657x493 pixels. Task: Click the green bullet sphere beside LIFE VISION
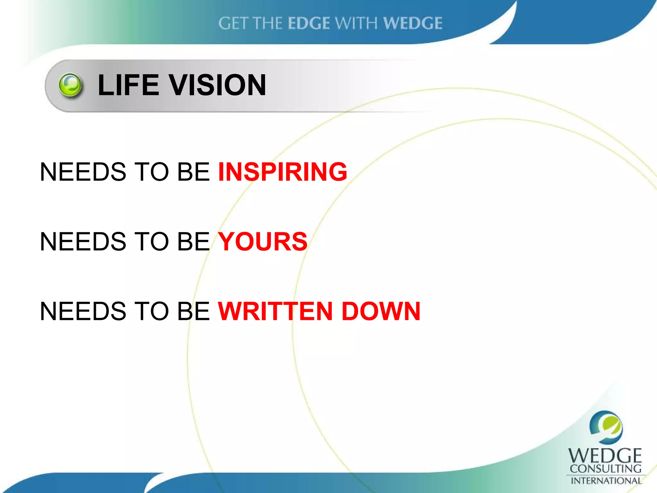(70, 85)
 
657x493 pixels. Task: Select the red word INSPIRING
(282, 172)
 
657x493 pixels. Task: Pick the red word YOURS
(263, 241)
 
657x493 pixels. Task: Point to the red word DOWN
(381, 311)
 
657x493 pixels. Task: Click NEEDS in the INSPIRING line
(83, 172)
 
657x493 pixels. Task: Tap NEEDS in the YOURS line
(83, 241)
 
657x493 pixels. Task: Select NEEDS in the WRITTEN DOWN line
(83, 311)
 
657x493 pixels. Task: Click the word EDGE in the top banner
(309, 23)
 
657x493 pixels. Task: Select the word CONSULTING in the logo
(605, 469)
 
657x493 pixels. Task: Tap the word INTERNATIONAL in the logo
(606, 480)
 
